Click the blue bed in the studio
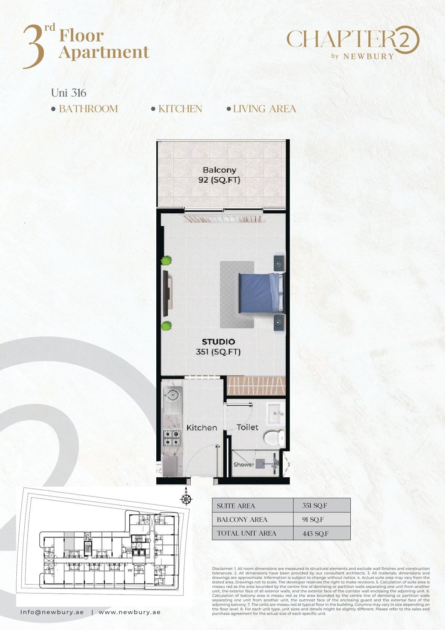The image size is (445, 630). (x=261, y=293)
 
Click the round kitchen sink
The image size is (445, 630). (x=172, y=395)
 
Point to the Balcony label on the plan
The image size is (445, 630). (x=220, y=170)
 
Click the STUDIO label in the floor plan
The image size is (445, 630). (x=218, y=342)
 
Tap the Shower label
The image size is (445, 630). (x=244, y=464)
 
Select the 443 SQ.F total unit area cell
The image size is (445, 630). (x=315, y=533)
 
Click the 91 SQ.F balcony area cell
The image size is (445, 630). (x=313, y=520)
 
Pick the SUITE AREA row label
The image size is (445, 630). (x=236, y=506)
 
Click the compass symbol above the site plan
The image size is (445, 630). (x=186, y=499)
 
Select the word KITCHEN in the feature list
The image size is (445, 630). (x=180, y=109)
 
